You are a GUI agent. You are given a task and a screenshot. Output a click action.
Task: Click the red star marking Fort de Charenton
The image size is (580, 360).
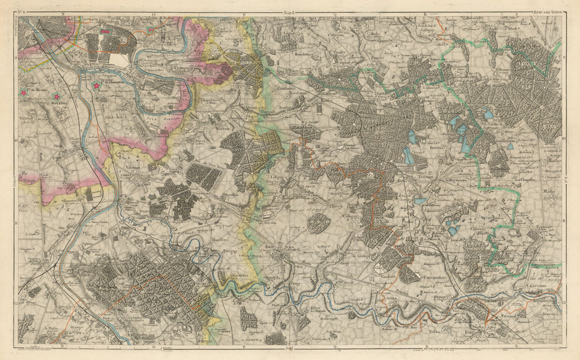(x=96, y=86)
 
